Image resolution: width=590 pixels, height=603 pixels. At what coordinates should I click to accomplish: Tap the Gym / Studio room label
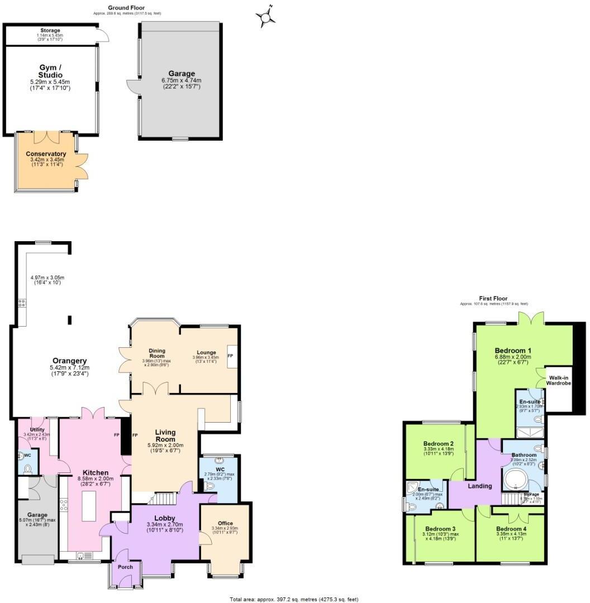[51, 71]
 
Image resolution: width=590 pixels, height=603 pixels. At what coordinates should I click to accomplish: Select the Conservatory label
[46, 154]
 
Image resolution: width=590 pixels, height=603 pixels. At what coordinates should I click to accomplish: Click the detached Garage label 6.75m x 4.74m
[182, 74]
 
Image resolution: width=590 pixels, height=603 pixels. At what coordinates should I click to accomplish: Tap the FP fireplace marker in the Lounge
[230, 355]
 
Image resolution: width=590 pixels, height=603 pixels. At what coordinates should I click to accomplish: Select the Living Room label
[165, 435]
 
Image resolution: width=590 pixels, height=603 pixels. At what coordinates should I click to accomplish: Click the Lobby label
[165, 518]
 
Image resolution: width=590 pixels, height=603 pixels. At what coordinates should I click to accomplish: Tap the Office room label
[225, 523]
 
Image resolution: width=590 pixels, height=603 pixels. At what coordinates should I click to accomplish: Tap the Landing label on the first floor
[479, 486]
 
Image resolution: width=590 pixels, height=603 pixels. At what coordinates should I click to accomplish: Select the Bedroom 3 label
[440, 529]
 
